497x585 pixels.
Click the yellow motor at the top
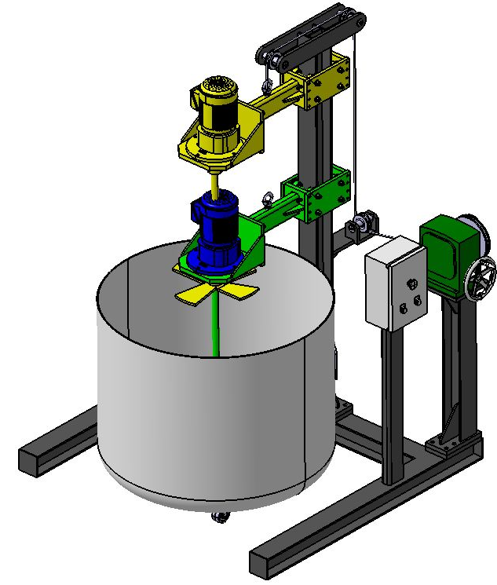[217, 114]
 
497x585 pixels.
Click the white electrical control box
[395, 284]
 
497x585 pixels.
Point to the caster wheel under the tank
[219, 516]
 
